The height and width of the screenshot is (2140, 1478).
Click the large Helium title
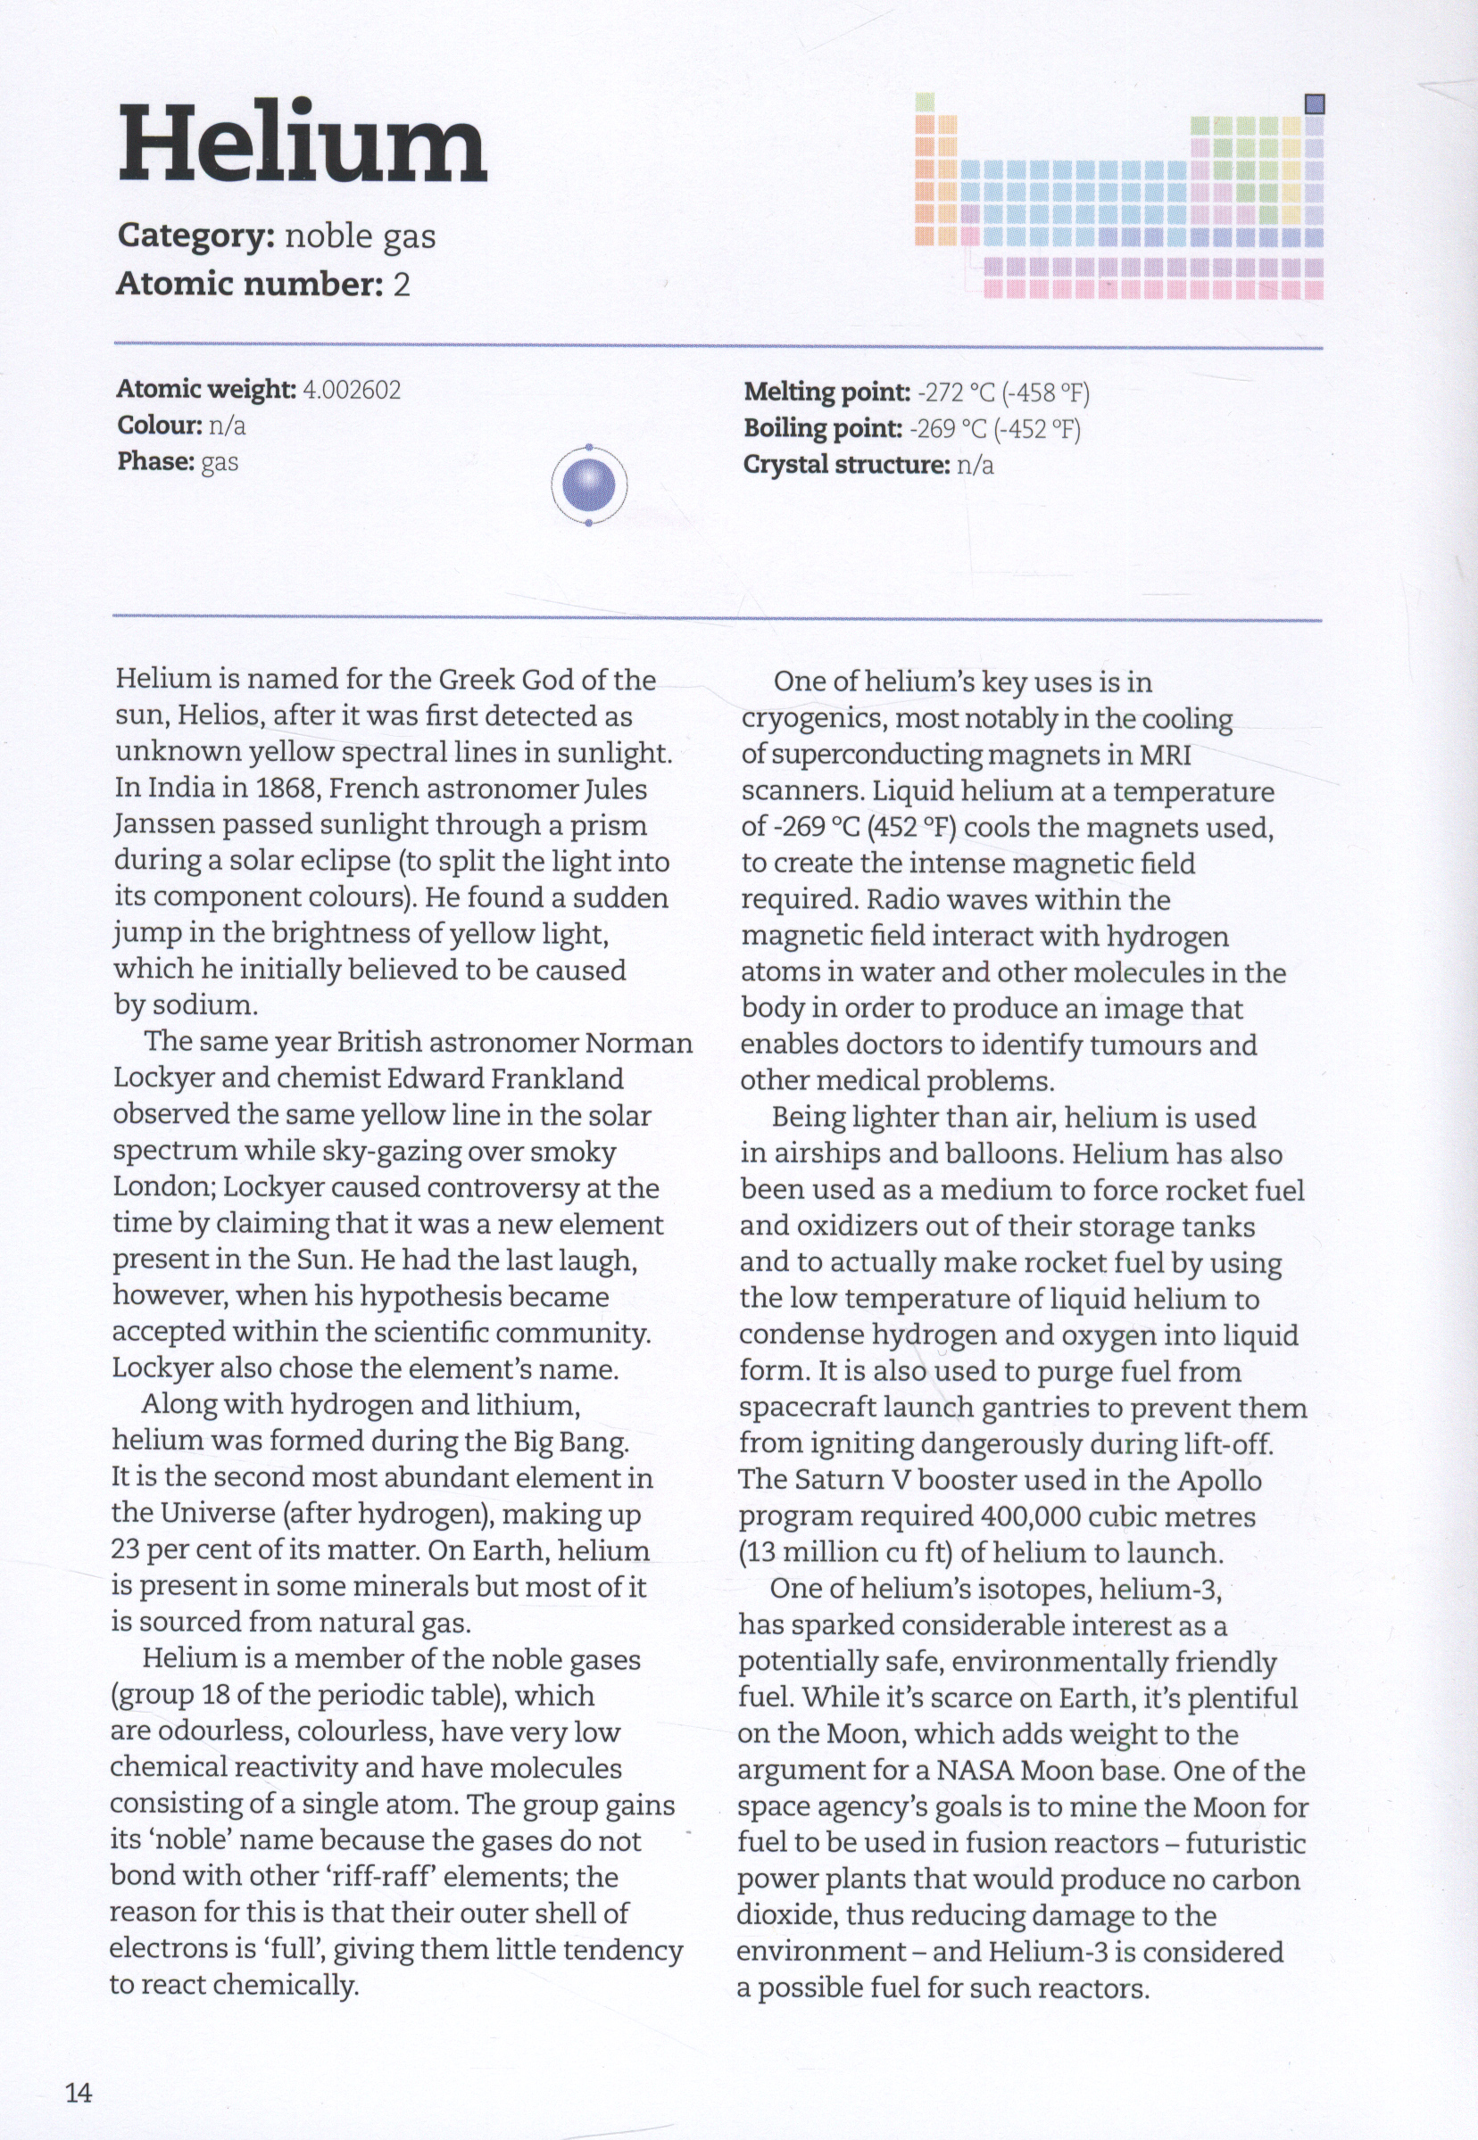pos(302,145)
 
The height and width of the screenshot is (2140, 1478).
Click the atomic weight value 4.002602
pos(352,390)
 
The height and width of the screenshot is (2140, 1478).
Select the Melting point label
pos(827,392)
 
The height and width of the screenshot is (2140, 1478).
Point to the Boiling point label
pos(822,428)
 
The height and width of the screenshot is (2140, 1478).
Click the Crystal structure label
pos(846,465)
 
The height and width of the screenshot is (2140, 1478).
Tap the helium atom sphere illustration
pos(589,485)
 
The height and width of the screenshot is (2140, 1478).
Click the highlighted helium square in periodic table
pos(1314,104)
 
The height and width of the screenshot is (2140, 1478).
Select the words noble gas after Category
pos(360,236)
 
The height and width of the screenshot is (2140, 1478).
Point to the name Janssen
pos(164,825)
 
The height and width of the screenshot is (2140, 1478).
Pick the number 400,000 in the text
pos(1028,1516)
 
